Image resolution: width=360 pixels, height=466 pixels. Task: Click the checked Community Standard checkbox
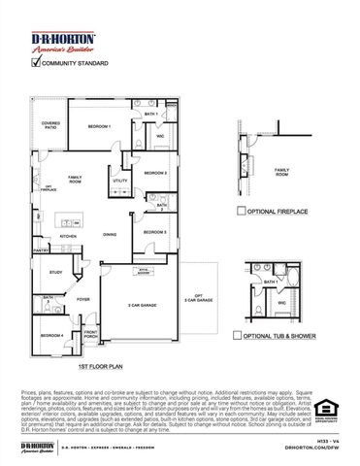tap(37, 64)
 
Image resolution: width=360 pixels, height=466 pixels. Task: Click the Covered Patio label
tap(50, 125)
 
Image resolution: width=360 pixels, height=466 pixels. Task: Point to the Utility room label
tap(119, 181)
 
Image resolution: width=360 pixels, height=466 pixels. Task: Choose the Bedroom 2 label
tap(156, 173)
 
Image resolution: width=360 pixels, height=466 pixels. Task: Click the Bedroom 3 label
tap(156, 233)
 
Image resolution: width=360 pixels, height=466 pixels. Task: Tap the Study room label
tap(55, 273)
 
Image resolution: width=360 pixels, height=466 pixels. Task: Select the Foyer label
tap(83, 300)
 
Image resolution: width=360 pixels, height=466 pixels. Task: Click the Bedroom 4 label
tap(52, 335)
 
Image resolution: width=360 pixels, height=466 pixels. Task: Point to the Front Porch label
tap(90, 336)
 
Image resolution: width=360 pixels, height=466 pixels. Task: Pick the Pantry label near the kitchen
tap(41, 250)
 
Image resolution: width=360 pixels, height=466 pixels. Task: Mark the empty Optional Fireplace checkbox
tap(242, 210)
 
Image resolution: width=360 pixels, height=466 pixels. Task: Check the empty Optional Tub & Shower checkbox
tap(237, 335)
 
